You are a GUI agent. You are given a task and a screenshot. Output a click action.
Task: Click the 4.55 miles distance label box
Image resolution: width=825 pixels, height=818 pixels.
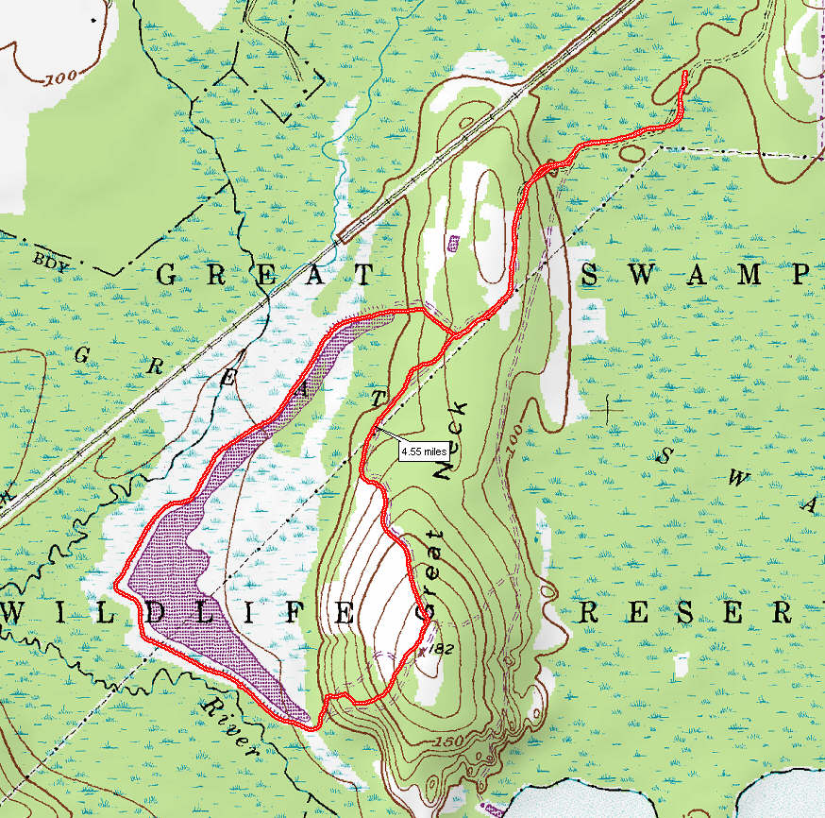click(x=422, y=452)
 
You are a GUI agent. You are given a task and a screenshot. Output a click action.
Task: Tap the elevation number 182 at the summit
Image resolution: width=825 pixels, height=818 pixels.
click(x=436, y=650)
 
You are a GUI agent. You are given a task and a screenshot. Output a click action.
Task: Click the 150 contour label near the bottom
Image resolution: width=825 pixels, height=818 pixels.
click(x=450, y=745)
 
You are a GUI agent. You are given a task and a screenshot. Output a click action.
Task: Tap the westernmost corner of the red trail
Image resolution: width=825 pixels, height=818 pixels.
click(x=117, y=585)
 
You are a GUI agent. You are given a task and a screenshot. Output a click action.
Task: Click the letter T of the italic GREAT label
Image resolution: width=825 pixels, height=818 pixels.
click(x=379, y=400)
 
